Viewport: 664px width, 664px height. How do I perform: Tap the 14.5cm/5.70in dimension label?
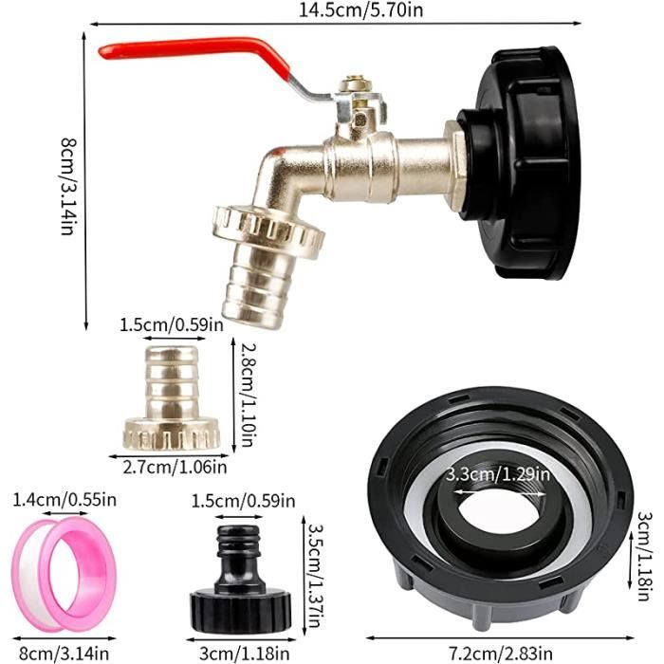point(360,9)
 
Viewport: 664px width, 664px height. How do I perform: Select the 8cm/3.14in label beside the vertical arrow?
point(67,186)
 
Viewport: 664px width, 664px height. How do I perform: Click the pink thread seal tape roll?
point(64,574)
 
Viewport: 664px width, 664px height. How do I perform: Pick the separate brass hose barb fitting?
point(172,397)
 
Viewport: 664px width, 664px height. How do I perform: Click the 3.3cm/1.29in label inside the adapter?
point(498,473)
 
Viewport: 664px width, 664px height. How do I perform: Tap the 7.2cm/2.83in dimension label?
point(501,653)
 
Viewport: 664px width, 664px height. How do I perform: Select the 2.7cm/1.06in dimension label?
point(175,467)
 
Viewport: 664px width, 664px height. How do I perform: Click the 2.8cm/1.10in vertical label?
point(249,395)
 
